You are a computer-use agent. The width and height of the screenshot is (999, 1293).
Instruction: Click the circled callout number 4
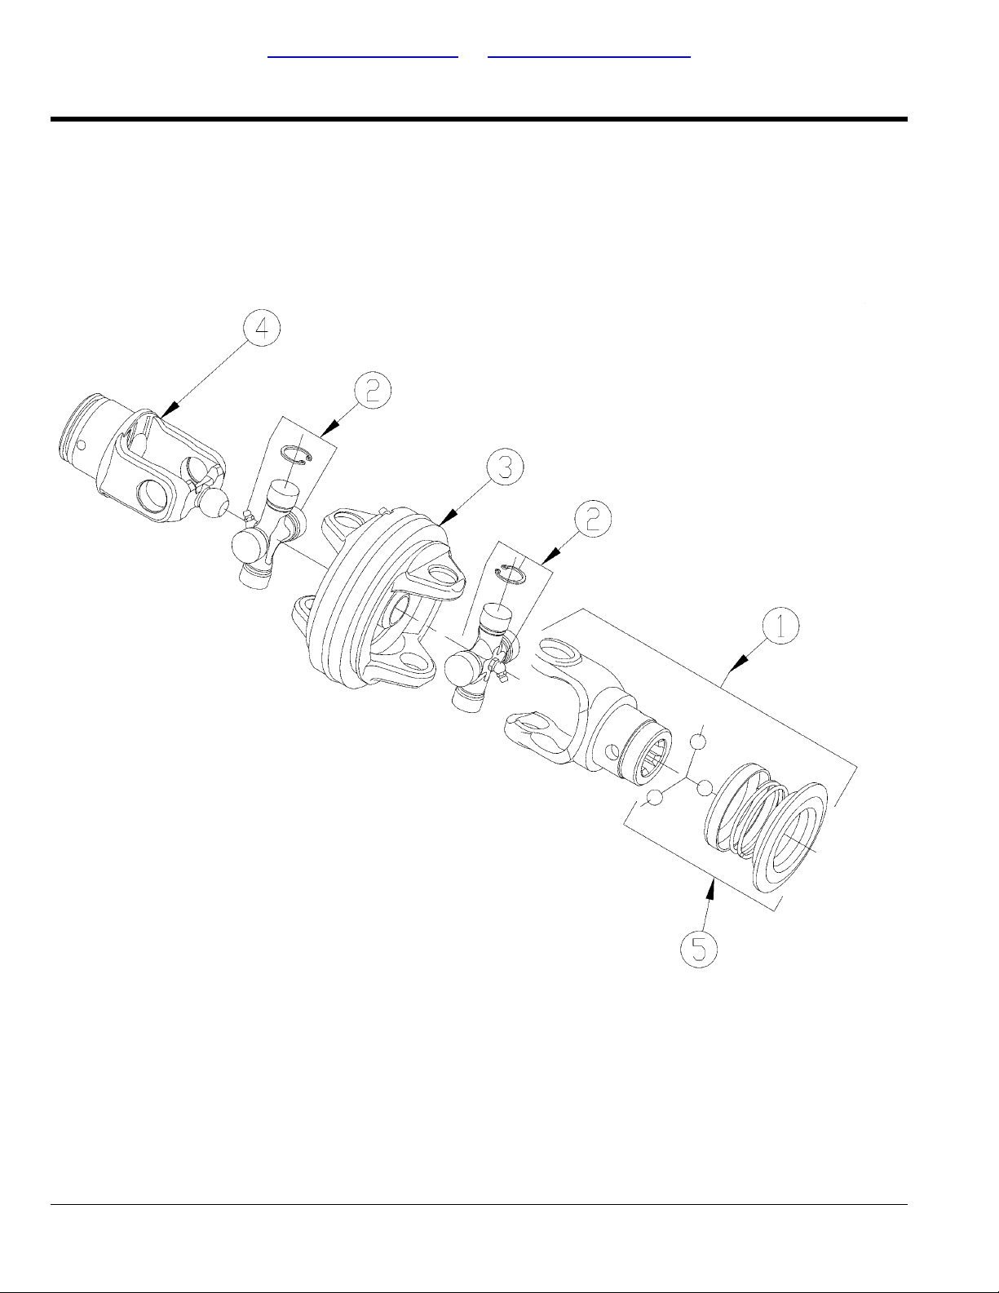[262, 330]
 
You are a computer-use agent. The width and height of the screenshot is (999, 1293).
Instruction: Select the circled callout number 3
[505, 467]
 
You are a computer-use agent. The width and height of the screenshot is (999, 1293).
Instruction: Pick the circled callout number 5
[700, 949]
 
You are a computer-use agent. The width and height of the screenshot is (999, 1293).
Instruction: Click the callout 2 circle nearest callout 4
[373, 390]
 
